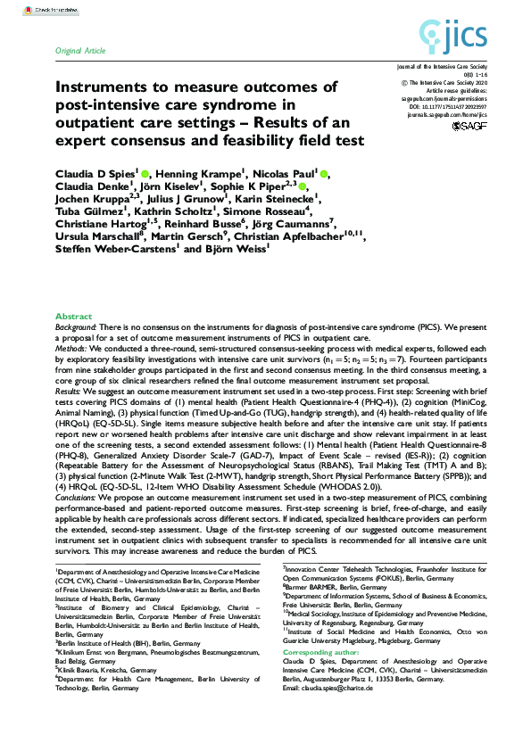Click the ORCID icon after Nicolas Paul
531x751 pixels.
coord(325,173)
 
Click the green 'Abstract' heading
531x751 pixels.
coord(73,317)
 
